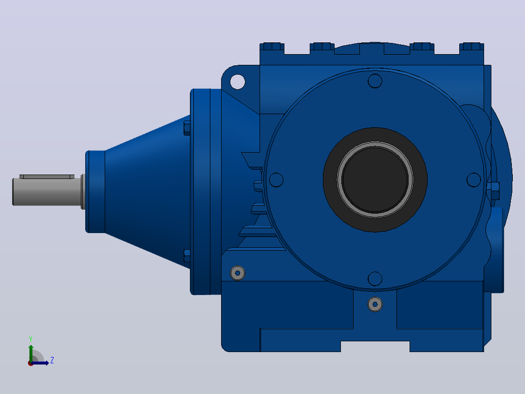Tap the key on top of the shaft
pos(47,177)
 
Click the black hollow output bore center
pos(375,180)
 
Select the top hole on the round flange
pos(375,81)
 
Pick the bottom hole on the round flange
pos(375,278)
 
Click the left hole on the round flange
pos(276,180)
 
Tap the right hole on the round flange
pos(473,180)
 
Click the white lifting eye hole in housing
pos(237,82)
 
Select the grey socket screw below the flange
pos(375,304)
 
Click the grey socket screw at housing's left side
pos(238,273)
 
